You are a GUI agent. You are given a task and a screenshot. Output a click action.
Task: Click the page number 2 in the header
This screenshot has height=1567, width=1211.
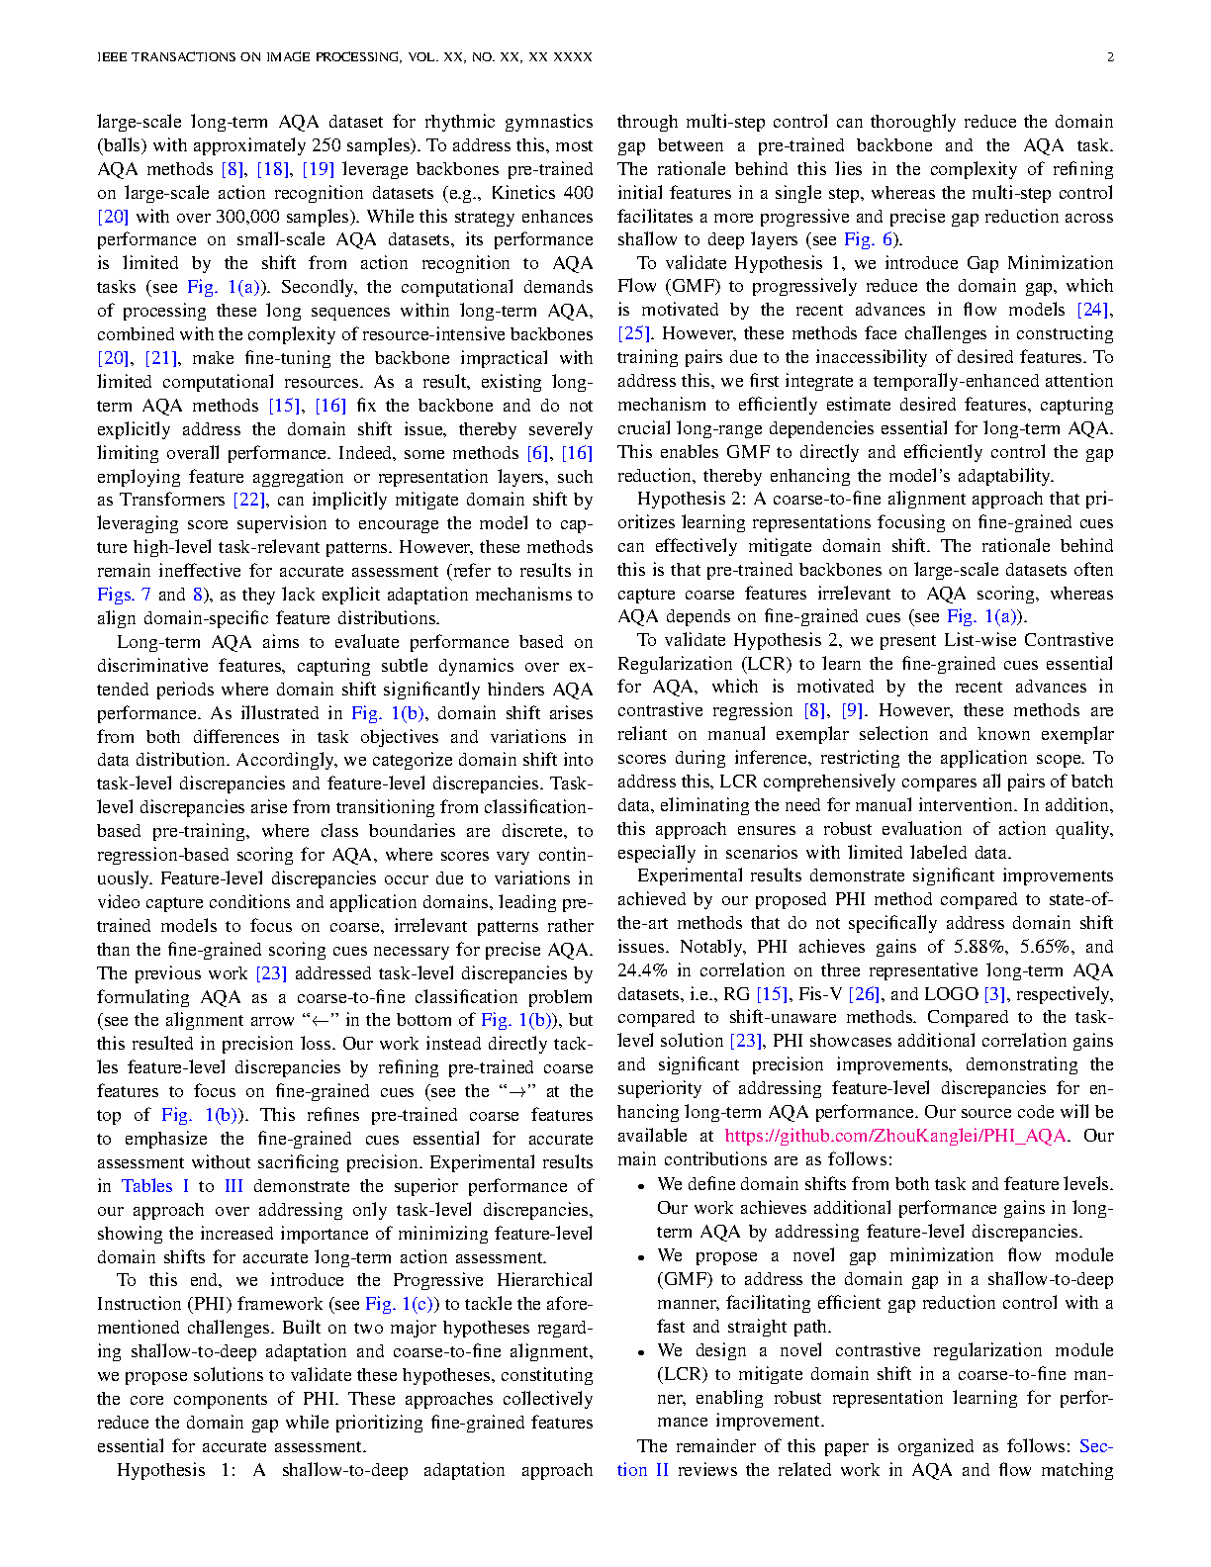pos(1110,57)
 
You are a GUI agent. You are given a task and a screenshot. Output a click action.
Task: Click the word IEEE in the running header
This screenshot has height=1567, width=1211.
pos(113,57)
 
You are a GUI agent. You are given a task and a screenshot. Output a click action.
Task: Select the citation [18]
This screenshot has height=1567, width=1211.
pos(273,169)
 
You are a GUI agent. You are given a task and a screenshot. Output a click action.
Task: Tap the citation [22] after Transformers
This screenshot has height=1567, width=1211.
pos(250,500)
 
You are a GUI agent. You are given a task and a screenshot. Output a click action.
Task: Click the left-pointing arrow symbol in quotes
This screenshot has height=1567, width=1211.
pos(320,1021)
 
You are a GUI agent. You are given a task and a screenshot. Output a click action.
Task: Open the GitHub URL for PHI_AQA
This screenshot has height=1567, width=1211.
pos(895,1136)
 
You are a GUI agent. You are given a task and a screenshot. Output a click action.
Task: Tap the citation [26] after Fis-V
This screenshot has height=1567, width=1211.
pos(865,994)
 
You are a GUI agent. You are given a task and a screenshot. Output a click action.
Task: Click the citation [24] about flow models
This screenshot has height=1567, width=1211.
pos(1093,311)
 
